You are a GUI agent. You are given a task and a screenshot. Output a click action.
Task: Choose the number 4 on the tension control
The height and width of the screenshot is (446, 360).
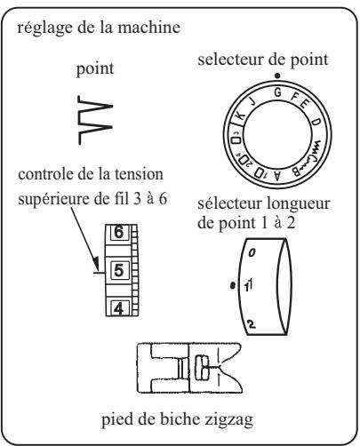click(117, 307)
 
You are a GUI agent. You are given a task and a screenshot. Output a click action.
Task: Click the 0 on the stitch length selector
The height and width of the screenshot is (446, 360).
click(252, 254)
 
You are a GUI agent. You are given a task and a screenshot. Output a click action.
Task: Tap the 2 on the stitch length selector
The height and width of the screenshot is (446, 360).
click(253, 324)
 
